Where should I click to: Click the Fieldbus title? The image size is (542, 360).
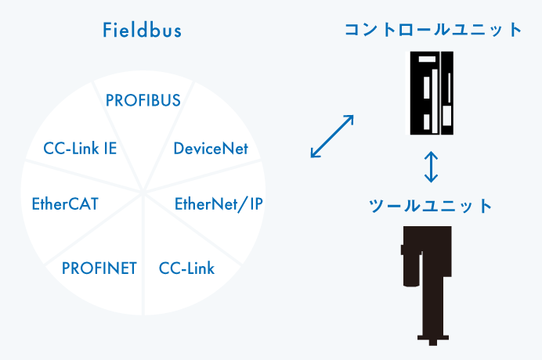(143, 31)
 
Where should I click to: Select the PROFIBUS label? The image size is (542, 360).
(143, 100)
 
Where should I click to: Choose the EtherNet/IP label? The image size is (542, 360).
(219, 205)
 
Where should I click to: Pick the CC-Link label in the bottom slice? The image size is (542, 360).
(186, 268)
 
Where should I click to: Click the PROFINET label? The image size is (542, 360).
(99, 268)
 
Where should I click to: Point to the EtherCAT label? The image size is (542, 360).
(65, 205)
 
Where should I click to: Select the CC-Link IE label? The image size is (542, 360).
(80, 148)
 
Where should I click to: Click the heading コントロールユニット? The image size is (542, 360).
(433, 30)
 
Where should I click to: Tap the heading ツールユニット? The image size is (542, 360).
(430, 206)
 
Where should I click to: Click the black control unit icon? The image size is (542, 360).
(430, 92)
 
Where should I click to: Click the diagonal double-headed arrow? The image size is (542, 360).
(332, 137)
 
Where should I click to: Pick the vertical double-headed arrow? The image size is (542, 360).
(430, 167)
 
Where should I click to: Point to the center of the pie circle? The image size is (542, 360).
(143, 190)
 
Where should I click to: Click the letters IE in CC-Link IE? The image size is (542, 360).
(110, 148)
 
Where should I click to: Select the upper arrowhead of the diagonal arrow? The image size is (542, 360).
(349, 119)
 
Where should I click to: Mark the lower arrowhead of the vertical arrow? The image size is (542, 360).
(430, 179)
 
